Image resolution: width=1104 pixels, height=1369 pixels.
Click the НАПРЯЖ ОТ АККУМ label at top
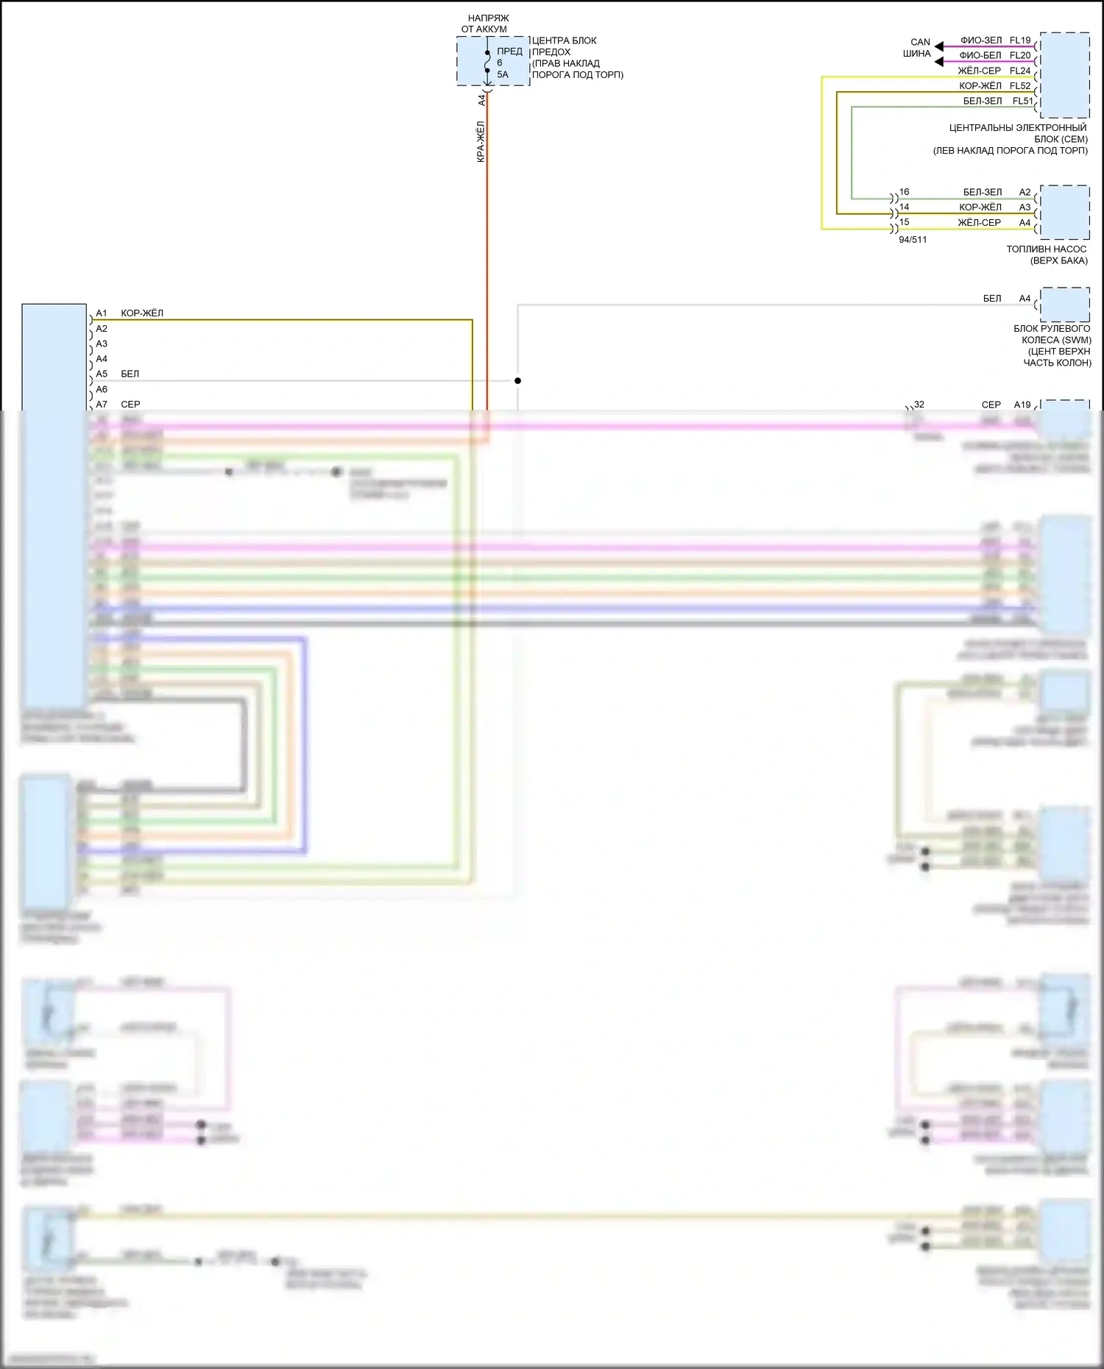[486, 24]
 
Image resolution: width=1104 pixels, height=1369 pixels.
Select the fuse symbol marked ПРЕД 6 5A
[487, 63]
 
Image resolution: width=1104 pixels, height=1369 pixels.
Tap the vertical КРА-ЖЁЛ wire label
[481, 142]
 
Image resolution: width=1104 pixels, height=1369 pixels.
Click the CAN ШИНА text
[919, 48]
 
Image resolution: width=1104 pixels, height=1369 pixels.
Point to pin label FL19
[1020, 40]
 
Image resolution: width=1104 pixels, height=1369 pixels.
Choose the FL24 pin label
[1020, 71]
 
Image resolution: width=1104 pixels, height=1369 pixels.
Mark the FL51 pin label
[1022, 101]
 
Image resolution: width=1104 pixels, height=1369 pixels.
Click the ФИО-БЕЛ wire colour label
[980, 55]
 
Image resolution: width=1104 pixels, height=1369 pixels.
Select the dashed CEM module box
[1064, 74]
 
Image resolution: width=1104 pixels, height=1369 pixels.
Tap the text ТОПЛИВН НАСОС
[1046, 249]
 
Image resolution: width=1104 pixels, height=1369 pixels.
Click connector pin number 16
[904, 192]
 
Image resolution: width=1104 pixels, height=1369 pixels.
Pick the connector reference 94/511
[913, 240]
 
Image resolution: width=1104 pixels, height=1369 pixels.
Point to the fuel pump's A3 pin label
[1025, 207]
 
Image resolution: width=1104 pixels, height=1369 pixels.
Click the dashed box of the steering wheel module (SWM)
[1064, 305]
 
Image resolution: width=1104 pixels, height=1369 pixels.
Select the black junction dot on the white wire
[517, 380]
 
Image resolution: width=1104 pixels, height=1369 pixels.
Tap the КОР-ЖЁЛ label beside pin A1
[142, 313]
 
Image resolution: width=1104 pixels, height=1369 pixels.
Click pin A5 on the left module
[102, 374]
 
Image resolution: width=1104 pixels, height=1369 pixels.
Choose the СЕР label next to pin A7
[130, 405]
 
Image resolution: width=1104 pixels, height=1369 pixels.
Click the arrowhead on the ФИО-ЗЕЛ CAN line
[939, 47]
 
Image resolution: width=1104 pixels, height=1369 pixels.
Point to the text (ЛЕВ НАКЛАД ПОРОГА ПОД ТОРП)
[1010, 151]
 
